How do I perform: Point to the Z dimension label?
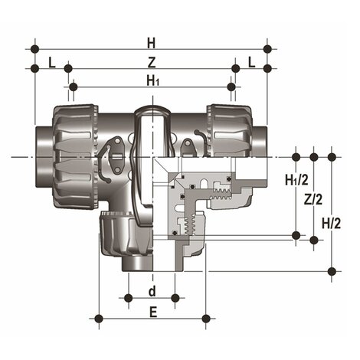pyautogui.click(x=152, y=61)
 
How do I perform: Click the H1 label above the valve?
pyautogui.click(x=152, y=80)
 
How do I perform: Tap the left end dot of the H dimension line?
pyautogui.click(x=34, y=49)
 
